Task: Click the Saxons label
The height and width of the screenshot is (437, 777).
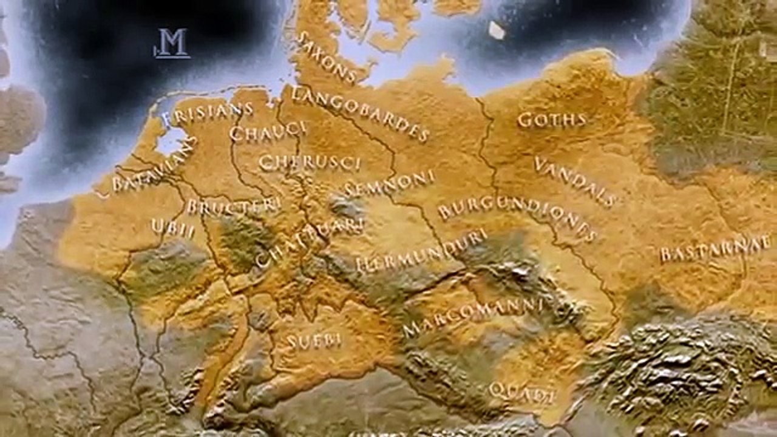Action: [326, 58]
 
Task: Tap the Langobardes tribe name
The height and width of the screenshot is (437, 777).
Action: [361, 113]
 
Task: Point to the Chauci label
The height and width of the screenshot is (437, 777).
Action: [268, 131]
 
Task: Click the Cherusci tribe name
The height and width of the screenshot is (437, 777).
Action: [310, 163]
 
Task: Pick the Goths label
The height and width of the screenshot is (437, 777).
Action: [552, 120]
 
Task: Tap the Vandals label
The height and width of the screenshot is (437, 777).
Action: [575, 181]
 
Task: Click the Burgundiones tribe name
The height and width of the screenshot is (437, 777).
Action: [518, 217]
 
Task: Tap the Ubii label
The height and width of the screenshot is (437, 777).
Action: [173, 228]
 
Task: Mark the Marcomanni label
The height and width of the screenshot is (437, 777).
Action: [472, 317]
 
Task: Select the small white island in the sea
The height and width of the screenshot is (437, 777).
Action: [497, 30]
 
